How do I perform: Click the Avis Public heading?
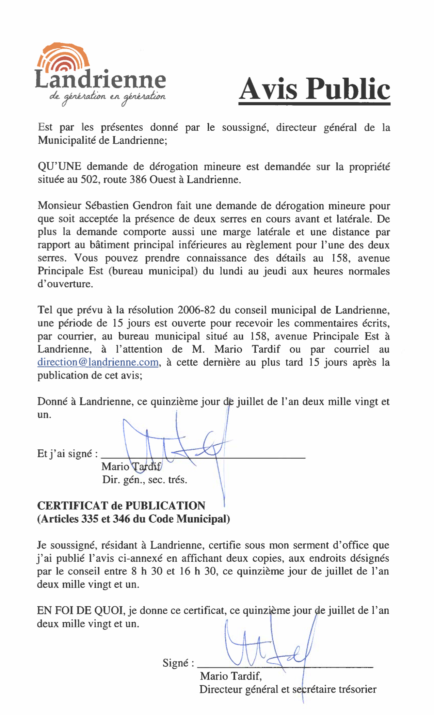click(x=314, y=89)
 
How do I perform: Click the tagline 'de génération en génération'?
click(x=108, y=96)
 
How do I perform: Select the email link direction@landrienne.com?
click(x=98, y=362)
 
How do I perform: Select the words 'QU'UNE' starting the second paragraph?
click(x=59, y=166)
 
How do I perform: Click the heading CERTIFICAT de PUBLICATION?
click(x=121, y=506)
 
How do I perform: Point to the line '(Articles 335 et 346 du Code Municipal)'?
click(x=133, y=519)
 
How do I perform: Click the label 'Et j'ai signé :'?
click(x=68, y=454)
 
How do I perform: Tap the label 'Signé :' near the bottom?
click(x=178, y=663)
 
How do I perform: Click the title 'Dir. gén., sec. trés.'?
click(x=145, y=480)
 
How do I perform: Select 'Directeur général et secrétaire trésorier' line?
click(x=288, y=689)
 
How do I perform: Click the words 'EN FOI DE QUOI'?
click(x=80, y=610)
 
